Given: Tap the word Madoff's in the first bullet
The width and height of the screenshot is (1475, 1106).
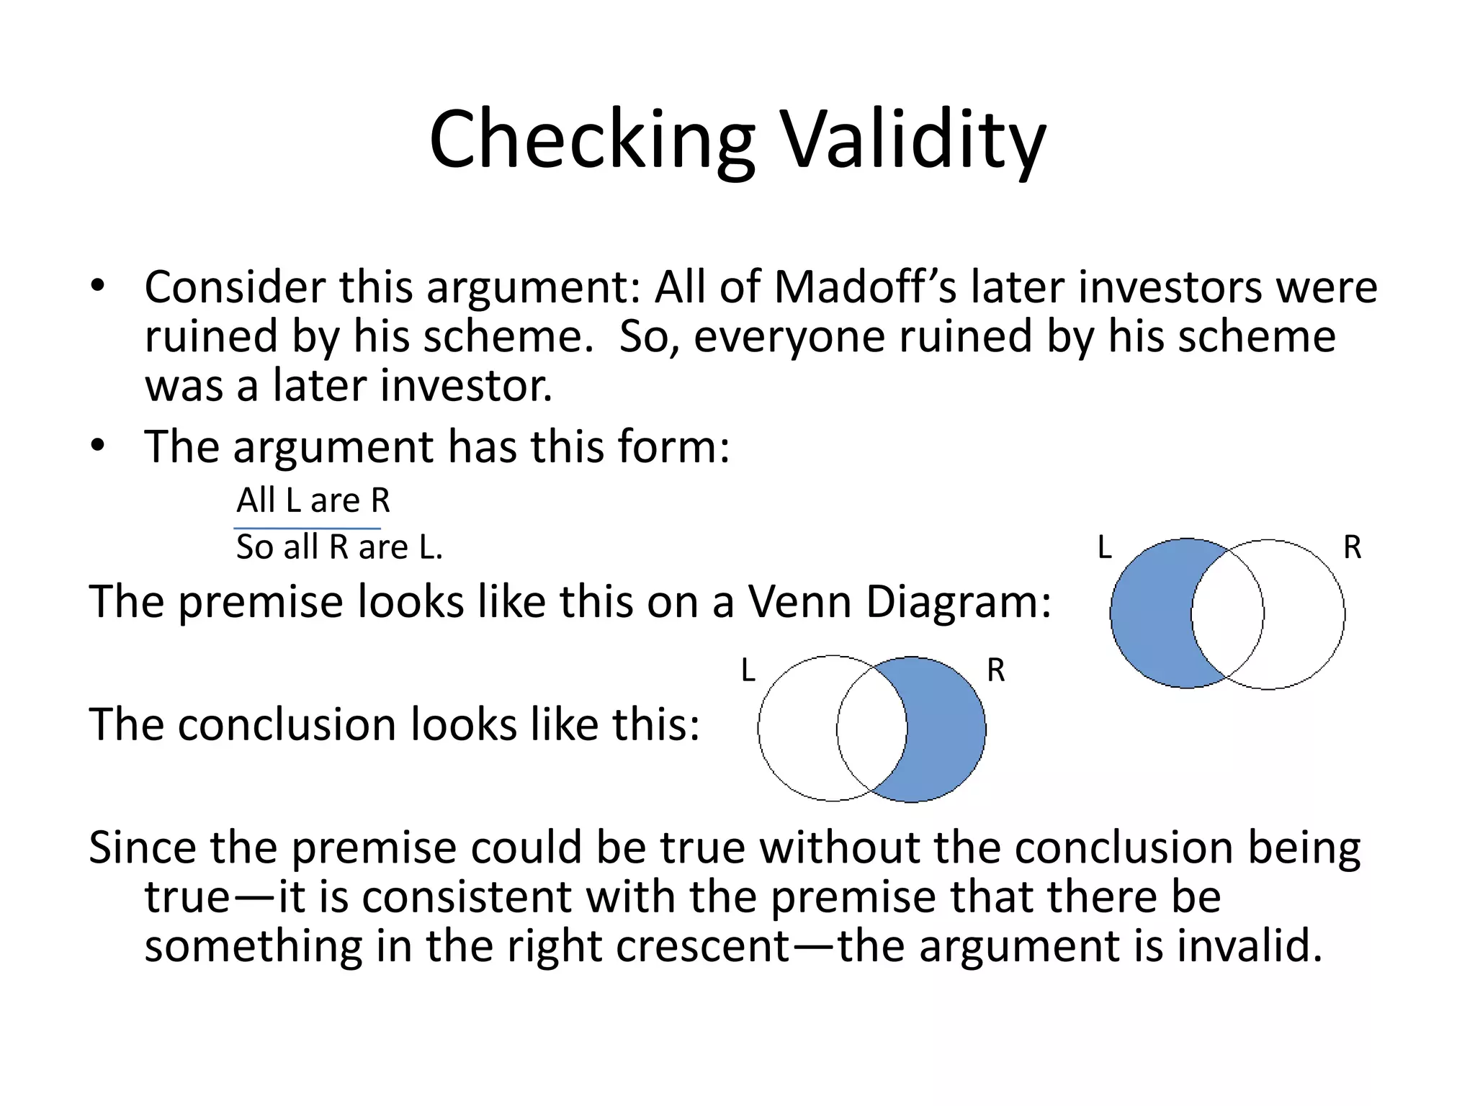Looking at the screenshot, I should (x=865, y=288).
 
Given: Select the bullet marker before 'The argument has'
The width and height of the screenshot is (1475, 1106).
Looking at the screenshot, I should (x=98, y=446).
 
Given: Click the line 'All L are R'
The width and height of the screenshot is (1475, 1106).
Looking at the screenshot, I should (x=313, y=500).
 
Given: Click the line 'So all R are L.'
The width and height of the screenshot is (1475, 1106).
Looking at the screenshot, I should (x=339, y=547).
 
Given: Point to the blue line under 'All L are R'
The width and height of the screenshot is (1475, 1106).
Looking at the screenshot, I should (x=308, y=529).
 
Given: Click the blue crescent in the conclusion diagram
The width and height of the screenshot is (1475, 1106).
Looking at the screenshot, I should (x=948, y=729).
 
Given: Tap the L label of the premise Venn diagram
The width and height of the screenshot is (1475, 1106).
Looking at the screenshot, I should (x=1105, y=548).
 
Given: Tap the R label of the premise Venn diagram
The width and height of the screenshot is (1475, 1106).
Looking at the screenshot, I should (x=1353, y=548).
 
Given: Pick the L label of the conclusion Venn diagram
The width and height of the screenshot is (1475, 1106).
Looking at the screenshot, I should (x=748, y=671).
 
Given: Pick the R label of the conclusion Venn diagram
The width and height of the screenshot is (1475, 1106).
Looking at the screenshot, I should (x=996, y=671).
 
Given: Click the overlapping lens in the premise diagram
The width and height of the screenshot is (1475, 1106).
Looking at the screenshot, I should (x=1227, y=614).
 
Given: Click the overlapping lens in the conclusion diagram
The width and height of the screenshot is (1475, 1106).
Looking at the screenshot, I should (x=871, y=729).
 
